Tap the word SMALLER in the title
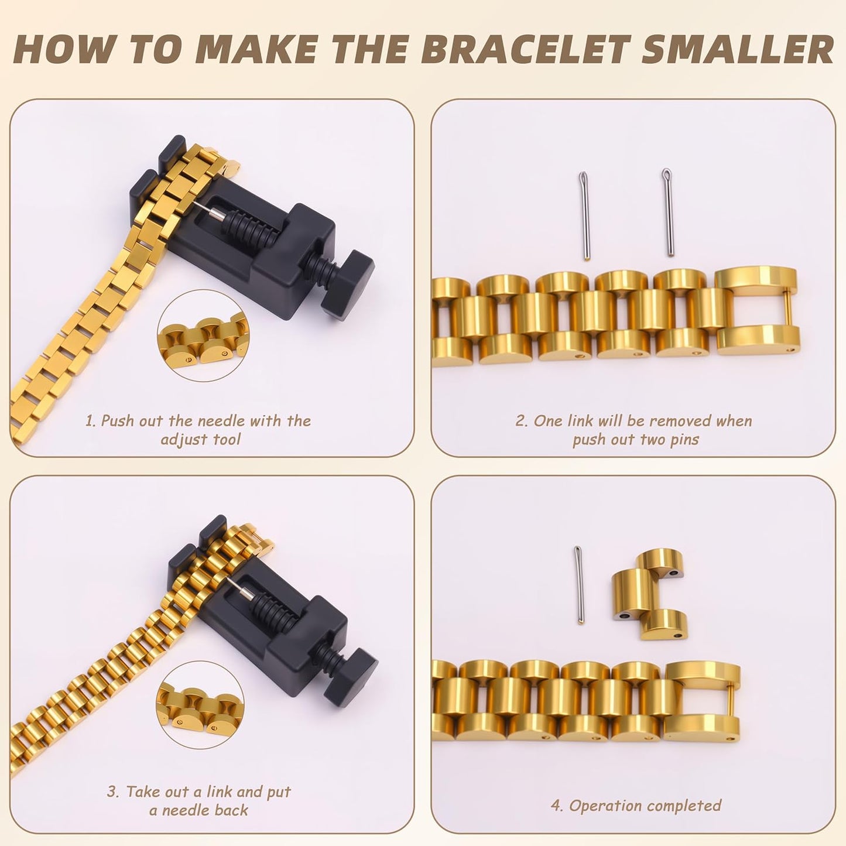click(738, 49)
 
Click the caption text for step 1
click(198, 430)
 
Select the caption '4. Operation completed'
click(636, 806)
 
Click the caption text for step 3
click(198, 801)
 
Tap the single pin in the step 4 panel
click(579, 585)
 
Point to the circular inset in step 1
click(203, 336)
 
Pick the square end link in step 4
click(703, 703)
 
